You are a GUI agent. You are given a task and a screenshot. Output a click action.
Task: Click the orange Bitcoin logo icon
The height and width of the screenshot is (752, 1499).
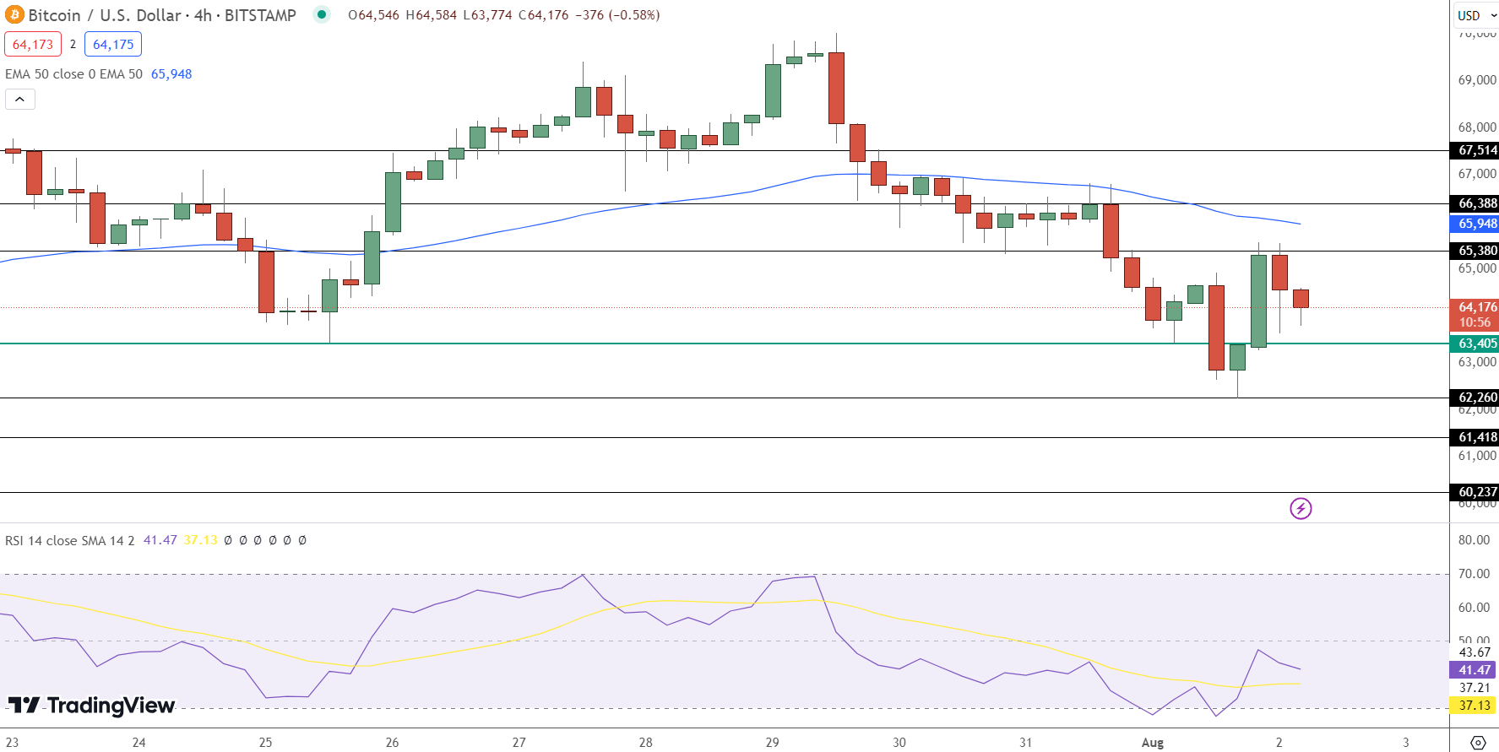(x=14, y=15)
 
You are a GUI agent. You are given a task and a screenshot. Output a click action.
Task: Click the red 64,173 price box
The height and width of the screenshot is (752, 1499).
(x=33, y=45)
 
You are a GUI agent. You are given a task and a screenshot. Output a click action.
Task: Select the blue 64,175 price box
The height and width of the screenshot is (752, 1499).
(x=113, y=45)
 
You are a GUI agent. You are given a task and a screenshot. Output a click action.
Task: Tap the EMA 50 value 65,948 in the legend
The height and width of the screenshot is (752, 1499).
(x=171, y=74)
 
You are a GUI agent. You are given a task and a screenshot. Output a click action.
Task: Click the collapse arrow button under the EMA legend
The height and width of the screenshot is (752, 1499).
(x=20, y=100)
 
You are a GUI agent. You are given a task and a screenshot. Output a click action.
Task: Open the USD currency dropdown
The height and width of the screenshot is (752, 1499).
(x=1475, y=15)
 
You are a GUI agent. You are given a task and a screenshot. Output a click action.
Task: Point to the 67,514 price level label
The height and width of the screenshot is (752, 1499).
(x=1476, y=150)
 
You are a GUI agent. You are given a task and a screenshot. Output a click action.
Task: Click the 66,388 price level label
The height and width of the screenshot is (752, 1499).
(x=1476, y=203)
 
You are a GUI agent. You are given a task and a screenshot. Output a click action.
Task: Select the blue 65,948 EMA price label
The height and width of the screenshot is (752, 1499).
(x=1476, y=224)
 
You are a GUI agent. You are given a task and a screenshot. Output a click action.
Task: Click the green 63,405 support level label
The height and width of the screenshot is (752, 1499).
(x=1476, y=344)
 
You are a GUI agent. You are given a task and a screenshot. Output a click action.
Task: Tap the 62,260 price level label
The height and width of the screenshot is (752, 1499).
(x=1476, y=398)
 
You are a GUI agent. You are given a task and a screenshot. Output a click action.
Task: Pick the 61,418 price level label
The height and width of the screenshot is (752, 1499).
(x=1476, y=437)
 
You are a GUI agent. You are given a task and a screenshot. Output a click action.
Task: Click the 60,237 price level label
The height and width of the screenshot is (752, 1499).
(x=1476, y=492)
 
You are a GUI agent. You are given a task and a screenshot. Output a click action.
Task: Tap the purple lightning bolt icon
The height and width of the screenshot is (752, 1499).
(x=1301, y=508)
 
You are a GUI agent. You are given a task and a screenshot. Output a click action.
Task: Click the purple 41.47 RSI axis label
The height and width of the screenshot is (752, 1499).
(x=1475, y=670)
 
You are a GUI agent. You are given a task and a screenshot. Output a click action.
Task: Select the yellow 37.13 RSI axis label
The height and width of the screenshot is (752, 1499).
(x=1475, y=706)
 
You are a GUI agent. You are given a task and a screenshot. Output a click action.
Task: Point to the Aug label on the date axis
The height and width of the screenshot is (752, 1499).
(x=1152, y=743)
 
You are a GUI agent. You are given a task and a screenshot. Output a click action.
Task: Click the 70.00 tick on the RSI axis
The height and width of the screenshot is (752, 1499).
(x=1474, y=574)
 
